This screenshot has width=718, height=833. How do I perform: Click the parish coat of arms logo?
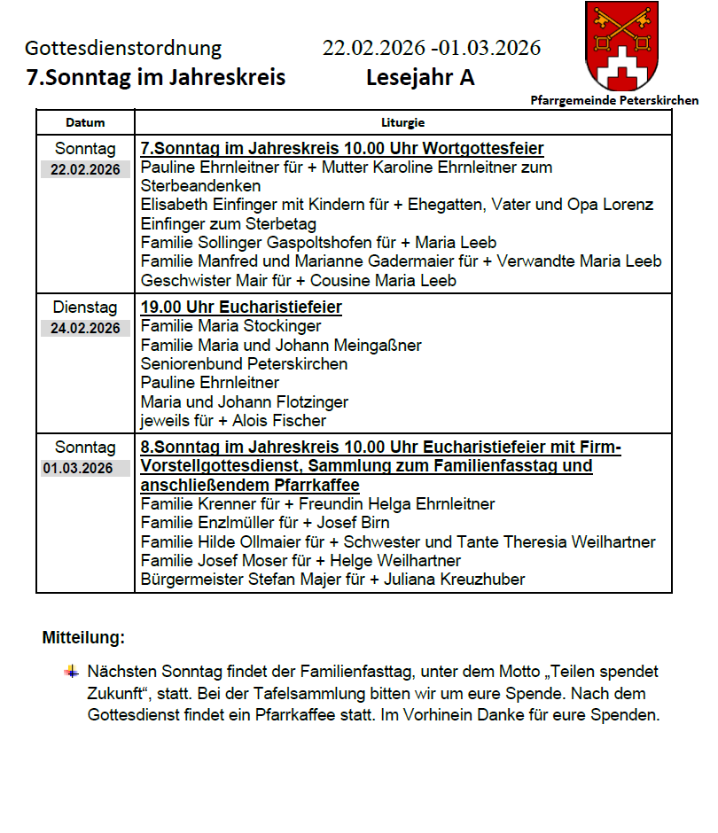coord(622,44)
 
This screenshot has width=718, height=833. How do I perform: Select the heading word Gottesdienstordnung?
coord(123,48)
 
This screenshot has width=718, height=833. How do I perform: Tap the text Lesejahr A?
coord(420,78)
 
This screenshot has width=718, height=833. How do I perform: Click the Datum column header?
coord(85,123)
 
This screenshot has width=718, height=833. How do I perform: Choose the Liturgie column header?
coord(402,123)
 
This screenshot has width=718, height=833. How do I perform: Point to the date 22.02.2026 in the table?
coord(85,169)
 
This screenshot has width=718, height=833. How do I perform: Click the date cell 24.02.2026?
coord(85,329)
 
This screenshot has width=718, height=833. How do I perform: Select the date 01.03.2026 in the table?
coord(85,468)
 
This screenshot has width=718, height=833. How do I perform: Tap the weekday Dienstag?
coord(85,308)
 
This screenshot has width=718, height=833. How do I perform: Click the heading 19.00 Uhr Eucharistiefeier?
coord(241,308)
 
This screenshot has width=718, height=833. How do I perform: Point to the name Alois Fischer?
coord(279,421)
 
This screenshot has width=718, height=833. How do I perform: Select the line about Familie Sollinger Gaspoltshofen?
coord(318,243)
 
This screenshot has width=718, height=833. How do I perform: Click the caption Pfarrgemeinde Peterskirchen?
coord(614,101)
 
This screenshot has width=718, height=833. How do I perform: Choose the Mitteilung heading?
coord(83,637)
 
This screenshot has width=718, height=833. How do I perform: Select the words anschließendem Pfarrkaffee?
coord(250,485)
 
